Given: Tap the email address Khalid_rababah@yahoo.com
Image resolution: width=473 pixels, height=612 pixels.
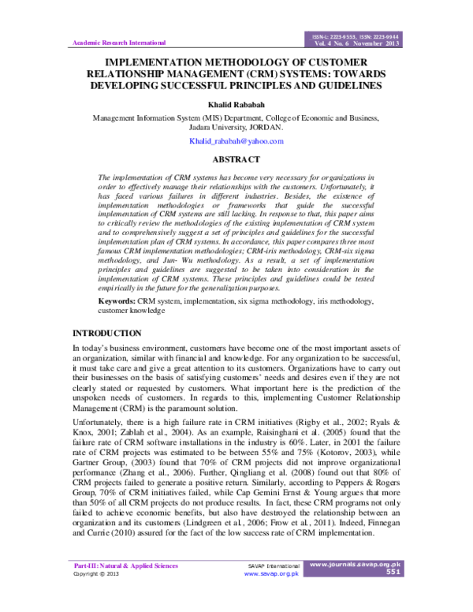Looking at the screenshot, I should tap(236, 140).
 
